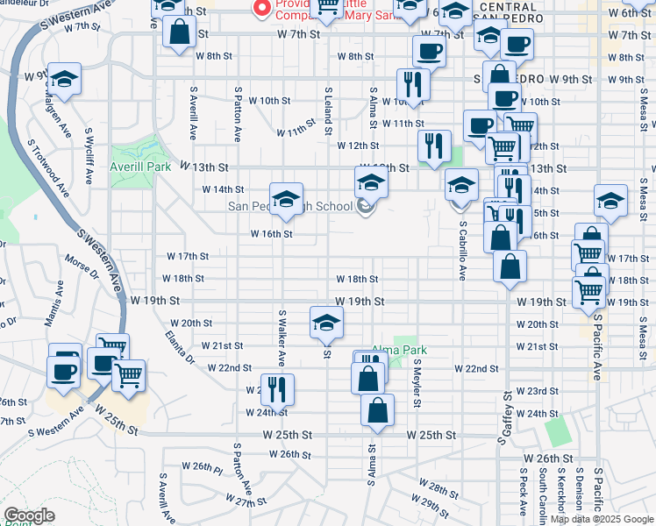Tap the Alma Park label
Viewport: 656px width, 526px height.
click(396, 349)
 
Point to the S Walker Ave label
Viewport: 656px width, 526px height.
click(282, 337)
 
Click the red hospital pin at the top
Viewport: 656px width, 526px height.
click(260, 8)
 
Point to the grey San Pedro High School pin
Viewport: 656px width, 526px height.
click(366, 208)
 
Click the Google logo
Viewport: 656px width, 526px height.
click(29, 515)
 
